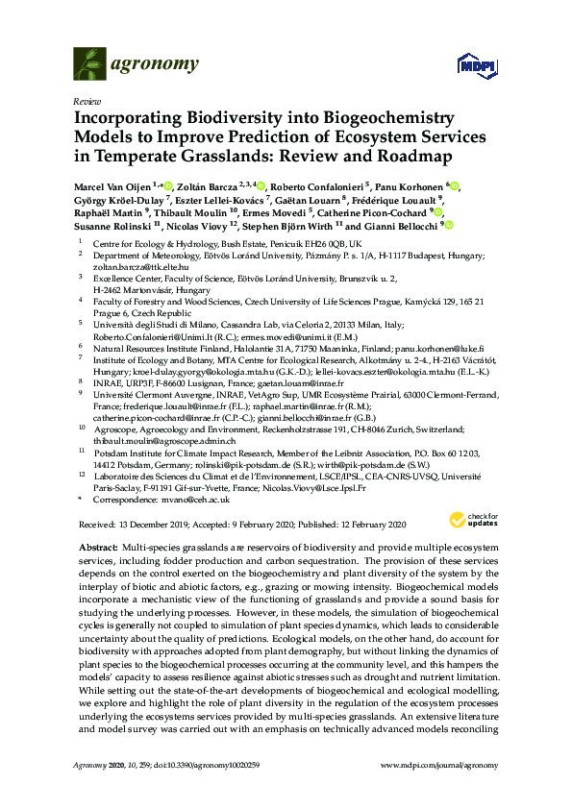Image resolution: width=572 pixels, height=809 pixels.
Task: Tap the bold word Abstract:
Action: (x=96, y=546)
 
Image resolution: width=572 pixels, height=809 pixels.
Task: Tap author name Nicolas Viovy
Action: (x=175, y=225)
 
